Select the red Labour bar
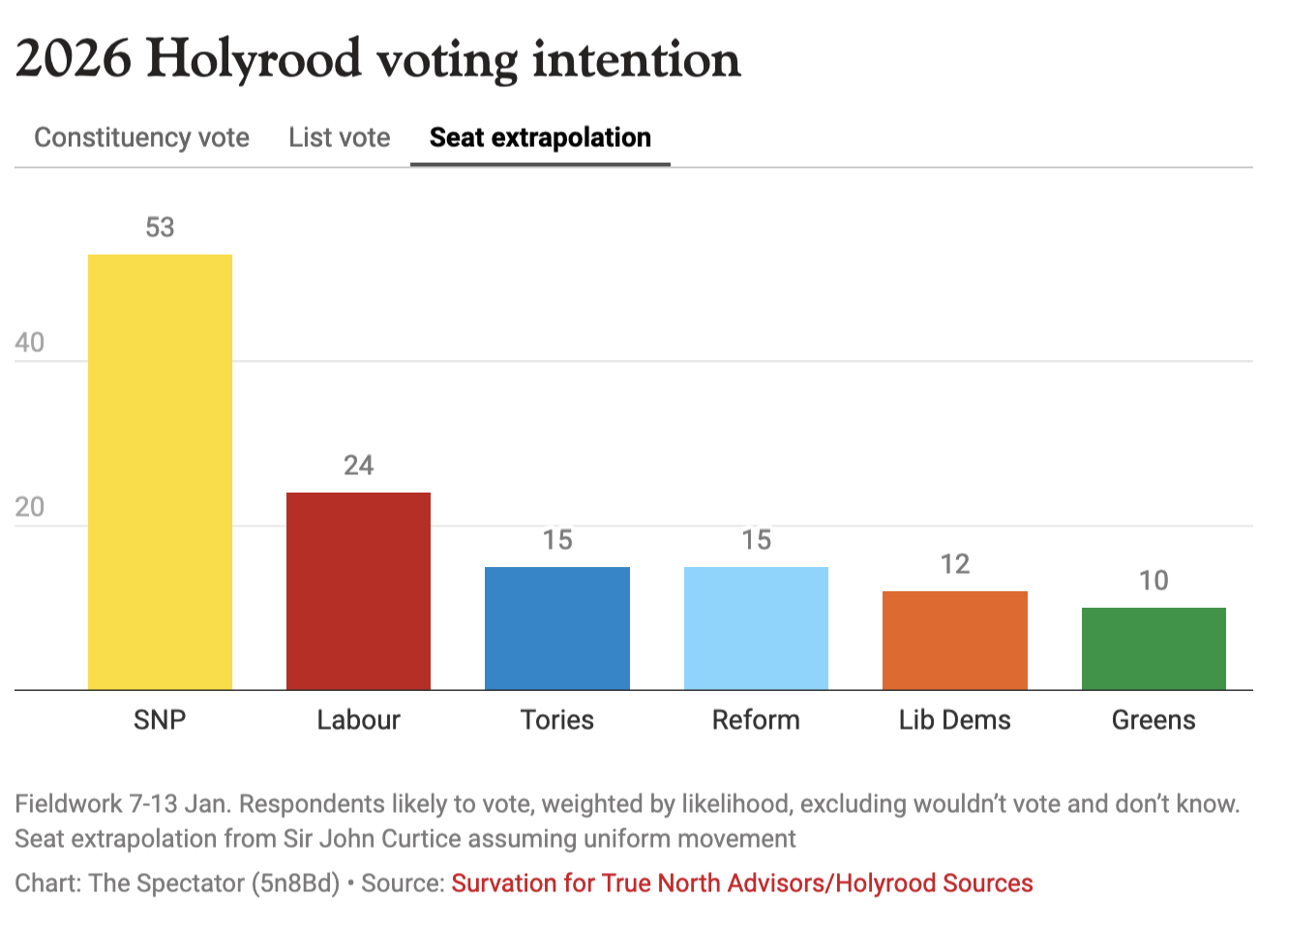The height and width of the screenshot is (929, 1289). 358,591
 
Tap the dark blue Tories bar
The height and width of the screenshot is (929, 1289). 557,628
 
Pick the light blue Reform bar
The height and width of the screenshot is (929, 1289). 756,628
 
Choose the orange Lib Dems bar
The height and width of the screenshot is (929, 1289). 954,641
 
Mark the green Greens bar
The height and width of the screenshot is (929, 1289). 1154,648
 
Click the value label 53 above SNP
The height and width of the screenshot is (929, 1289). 160,227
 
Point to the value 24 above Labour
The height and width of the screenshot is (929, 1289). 358,465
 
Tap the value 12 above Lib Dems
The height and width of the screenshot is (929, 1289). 954,564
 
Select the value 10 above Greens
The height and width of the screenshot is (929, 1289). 1154,581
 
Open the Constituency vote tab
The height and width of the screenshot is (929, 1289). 141,137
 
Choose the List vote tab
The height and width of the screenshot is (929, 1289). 339,137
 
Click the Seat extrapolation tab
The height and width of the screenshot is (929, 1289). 540,137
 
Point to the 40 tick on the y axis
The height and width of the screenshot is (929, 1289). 30,343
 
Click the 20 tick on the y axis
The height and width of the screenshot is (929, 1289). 30,507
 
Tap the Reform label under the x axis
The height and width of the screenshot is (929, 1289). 756,720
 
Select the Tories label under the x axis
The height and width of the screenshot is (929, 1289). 557,720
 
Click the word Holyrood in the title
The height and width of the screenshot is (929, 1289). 254,60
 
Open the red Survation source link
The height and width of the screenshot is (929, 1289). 742,884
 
